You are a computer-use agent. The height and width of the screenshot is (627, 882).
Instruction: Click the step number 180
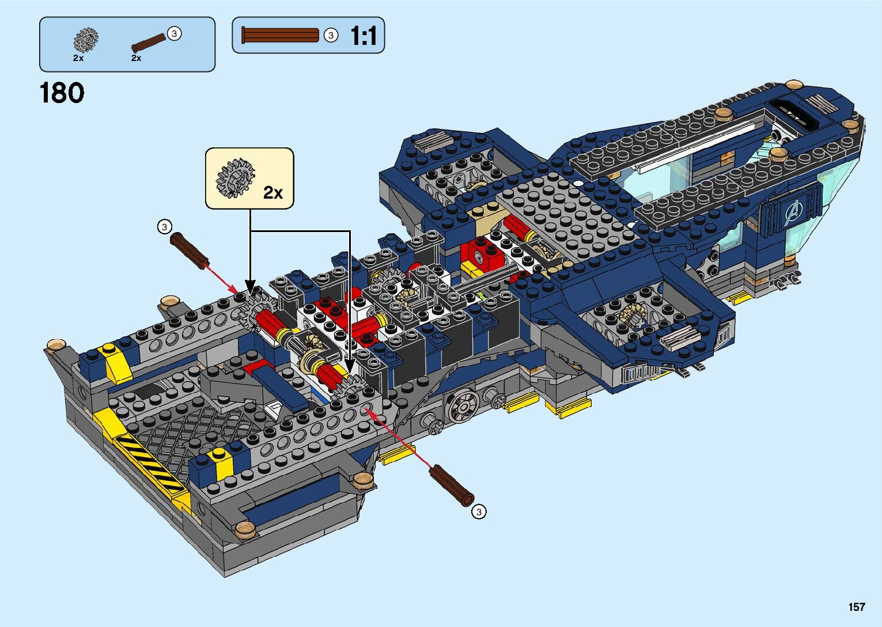(62, 93)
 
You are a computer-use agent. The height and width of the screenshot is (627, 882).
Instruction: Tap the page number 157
(857, 607)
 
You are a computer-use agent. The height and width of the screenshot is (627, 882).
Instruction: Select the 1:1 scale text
(364, 36)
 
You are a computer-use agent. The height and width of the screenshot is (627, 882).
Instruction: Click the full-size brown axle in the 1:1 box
(280, 35)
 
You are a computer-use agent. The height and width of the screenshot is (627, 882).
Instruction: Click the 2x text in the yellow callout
(273, 192)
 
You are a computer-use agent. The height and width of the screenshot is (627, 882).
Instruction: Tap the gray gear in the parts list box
(86, 40)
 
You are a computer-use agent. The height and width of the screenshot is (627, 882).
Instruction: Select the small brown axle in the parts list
(149, 43)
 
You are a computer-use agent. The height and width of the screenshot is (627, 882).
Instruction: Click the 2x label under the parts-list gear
(78, 58)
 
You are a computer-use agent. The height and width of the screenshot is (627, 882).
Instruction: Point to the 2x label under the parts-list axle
(136, 58)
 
